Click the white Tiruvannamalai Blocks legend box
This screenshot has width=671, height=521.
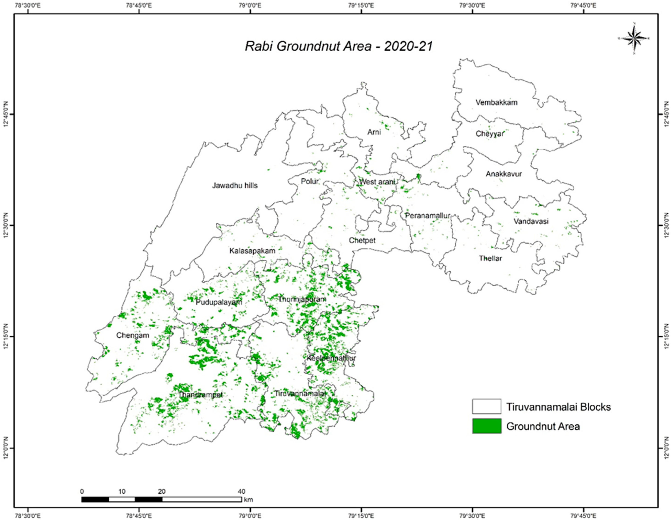[x=487, y=407]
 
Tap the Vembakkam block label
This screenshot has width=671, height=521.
[x=496, y=102]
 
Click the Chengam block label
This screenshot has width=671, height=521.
[x=133, y=335]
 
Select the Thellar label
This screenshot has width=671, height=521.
[x=490, y=258]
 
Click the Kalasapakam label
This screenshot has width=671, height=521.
[x=252, y=251]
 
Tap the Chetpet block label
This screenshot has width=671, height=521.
[x=362, y=240]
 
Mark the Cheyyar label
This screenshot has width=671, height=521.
[x=490, y=134]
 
